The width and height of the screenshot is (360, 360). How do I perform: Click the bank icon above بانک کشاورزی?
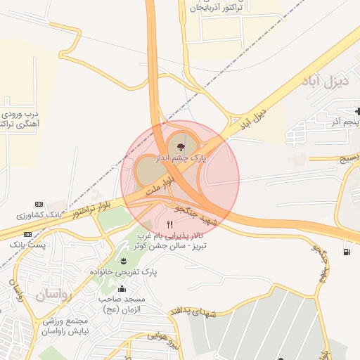39,204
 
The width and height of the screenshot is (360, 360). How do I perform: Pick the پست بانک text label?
27,244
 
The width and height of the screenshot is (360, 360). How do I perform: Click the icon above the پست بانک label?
27,234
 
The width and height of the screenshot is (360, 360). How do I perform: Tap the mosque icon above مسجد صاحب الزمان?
122,288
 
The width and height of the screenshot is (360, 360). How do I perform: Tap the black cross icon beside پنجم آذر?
359,112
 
